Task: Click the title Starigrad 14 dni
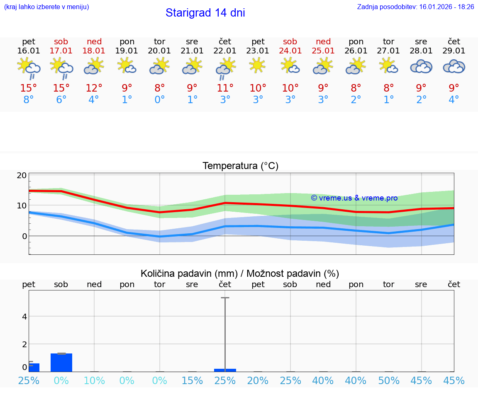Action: pos(205,13)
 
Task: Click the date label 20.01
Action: pos(159,51)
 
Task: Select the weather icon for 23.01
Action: pos(258,65)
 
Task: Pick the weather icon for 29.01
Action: pos(454,66)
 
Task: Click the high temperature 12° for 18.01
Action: pos(94,88)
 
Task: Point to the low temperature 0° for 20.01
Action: pos(159,100)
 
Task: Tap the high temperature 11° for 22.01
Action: pos(225,88)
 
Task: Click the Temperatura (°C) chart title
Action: pos(240,166)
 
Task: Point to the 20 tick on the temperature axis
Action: pos(22,175)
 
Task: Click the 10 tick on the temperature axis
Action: pos(22,206)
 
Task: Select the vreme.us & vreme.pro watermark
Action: pos(354,198)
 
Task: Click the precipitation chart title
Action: pos(240,273)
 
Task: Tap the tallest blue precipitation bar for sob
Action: pos(61,363)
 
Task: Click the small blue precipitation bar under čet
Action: pos(225,370)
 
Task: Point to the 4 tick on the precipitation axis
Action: pos(24,317)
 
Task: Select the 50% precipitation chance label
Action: pos(388,380)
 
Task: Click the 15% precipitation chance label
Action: pos(192,380)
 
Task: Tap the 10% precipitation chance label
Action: pos(94,380)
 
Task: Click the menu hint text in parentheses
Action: pos(46,7)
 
